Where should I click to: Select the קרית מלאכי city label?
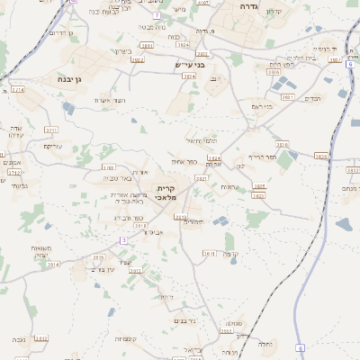coord(166,192)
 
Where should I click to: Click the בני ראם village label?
coord(261,106)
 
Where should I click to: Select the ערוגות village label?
coord(229,186)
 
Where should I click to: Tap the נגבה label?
coord(19,339)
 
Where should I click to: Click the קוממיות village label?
coord(124,338)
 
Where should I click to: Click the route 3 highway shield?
coord(123,240)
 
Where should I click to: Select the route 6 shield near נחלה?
coord(301,347)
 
